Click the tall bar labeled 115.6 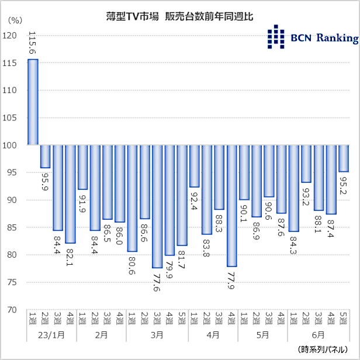[33, 102]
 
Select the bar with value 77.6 [157, 206]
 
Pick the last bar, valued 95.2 [344, 158]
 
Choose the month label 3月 [157, 335]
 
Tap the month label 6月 [319, 335]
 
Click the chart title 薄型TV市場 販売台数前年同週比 [179, 16]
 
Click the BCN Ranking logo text [324, 39]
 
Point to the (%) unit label [15, 20]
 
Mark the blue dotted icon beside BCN [276, 37]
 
